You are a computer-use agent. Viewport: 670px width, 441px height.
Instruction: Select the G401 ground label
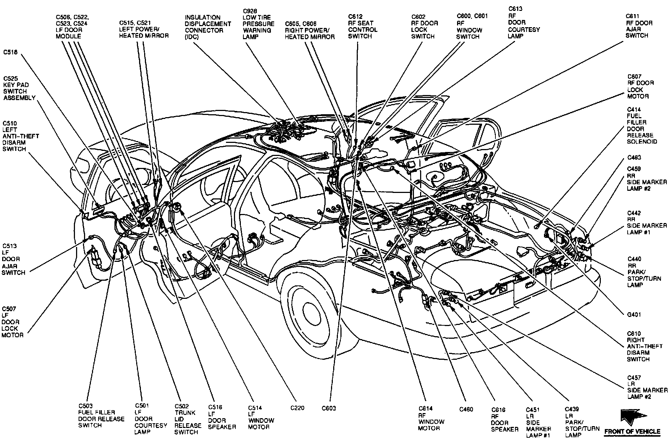coord(634,315)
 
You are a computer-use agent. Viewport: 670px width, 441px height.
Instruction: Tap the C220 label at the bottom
coord(297,408)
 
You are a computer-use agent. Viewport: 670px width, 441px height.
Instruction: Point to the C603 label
coord(329,408)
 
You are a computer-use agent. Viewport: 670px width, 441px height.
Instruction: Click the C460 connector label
coord(466,409)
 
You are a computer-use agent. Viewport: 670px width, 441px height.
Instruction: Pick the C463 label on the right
coord(634,158)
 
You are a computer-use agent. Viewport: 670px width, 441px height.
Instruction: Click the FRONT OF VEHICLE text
coord(632,432)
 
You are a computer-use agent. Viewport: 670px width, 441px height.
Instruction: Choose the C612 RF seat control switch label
coord(363,26)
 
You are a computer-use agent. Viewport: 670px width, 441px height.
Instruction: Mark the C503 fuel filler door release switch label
coord(101,416)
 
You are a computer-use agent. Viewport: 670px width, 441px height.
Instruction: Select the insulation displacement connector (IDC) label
coord(208,27)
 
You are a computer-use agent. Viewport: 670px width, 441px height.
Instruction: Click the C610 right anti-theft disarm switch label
coord(645,346)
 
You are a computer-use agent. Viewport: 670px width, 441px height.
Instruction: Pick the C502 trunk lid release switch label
coord(188,419)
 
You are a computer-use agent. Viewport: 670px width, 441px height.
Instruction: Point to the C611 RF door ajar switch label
coord(639,26)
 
